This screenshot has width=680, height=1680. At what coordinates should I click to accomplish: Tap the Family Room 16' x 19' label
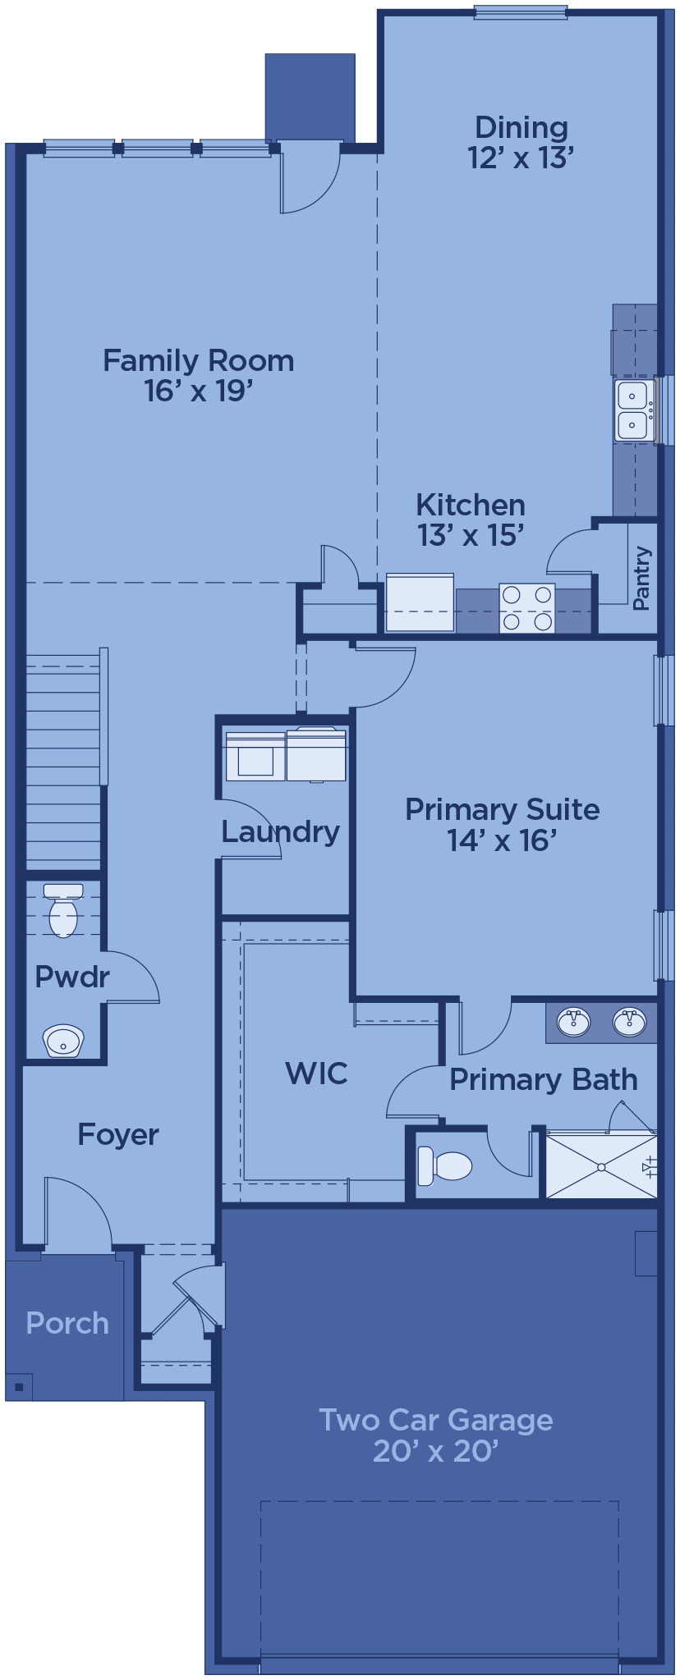pos(198,375)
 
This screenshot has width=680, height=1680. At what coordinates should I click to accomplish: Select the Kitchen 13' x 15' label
pos(471,519)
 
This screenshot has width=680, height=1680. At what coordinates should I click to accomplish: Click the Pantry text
pos(641,579)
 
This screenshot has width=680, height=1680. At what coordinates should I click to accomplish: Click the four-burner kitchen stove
pos(527,608)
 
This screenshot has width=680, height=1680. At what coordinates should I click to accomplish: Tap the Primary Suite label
pos(502,824)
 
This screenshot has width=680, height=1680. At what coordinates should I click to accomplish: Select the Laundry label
pos(280,831)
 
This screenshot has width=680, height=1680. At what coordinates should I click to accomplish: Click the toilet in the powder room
pos(63,909)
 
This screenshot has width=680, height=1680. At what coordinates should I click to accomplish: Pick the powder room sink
pos(63,1041)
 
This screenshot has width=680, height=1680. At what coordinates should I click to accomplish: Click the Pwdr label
pos(72,977)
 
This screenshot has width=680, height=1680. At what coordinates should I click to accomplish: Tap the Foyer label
pos(118,1134)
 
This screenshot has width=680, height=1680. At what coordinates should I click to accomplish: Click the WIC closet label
pos(316,1073)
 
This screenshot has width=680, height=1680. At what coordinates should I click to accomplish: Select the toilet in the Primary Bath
pos(444,1165)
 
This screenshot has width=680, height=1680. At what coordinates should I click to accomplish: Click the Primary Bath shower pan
pos(601,1166)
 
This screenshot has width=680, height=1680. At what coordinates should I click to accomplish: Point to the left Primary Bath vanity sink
pos(574,1022)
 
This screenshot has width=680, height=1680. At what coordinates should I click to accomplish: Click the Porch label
pos(67,1323)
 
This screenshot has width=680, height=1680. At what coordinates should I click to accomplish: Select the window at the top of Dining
pos(521,12)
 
